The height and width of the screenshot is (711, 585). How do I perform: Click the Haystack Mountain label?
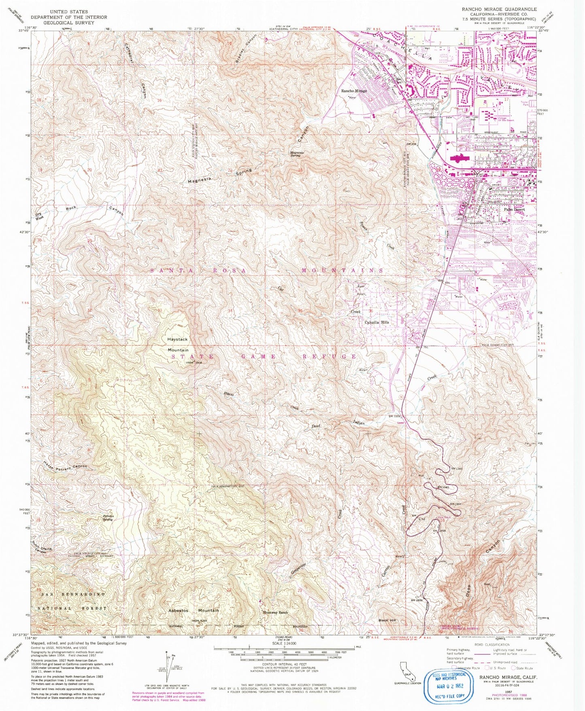coord(178,344)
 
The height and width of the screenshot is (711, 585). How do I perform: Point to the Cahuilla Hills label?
coord(377,322)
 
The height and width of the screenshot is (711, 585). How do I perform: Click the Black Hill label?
coord(387,620)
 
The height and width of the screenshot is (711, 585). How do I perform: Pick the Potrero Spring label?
coord(107,518)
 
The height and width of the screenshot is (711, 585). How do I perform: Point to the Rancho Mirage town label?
coord(354,91)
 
